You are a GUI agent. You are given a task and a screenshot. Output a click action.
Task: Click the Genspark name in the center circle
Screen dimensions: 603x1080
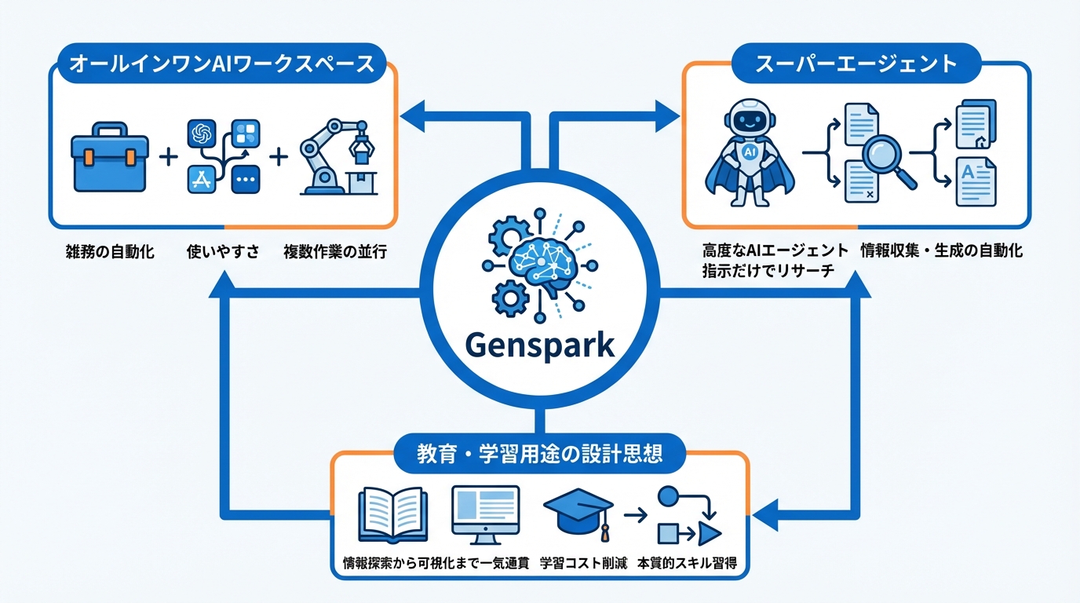coord(539,345)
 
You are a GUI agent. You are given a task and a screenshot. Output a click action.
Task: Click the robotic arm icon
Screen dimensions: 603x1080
coord(338,156)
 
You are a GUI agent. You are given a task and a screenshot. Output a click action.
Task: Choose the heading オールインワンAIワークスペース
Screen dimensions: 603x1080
coord(222,64)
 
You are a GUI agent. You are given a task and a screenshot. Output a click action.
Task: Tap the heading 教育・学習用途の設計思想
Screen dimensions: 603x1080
coord(539,455)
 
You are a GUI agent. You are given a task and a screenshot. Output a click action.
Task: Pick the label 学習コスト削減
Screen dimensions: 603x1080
coord(584,564)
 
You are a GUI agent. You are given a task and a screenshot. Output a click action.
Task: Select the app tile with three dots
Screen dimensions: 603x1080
coord(246,179)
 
